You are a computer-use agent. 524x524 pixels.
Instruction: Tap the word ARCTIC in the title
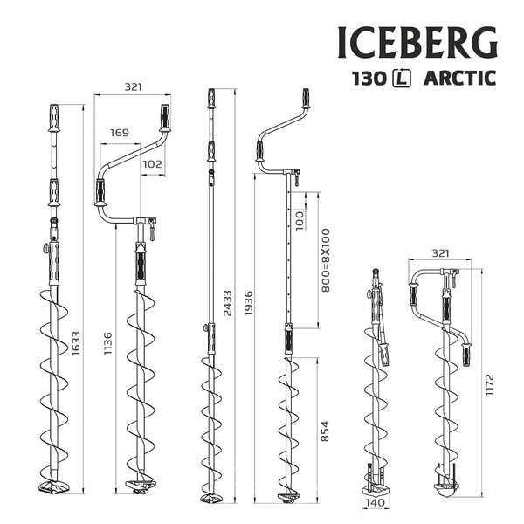[459, 79]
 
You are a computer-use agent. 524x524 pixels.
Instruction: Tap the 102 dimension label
[152, 163]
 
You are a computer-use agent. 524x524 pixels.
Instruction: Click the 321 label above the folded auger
[443, 253]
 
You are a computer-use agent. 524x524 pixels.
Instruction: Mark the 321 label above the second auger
[132, 87]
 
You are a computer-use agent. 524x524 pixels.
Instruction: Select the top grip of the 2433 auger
[210, 97]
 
